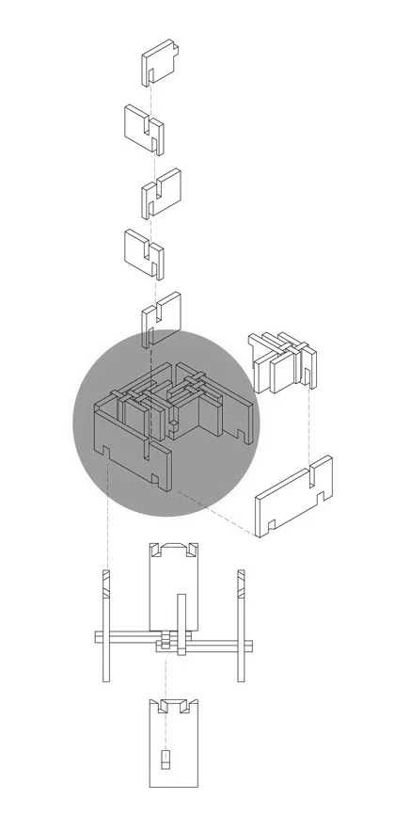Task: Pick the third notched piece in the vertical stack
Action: [x=161, y=191]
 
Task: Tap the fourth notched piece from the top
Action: [x=143, y=250]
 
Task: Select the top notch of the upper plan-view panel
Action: [x=174, y=548]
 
